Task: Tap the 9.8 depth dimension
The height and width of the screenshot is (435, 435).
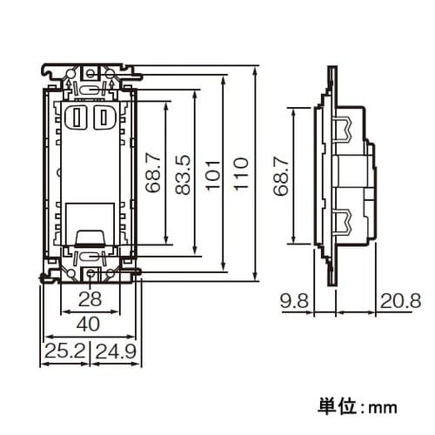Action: coord(296,302)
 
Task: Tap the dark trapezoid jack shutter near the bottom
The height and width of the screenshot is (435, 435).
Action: coord(90,236)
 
